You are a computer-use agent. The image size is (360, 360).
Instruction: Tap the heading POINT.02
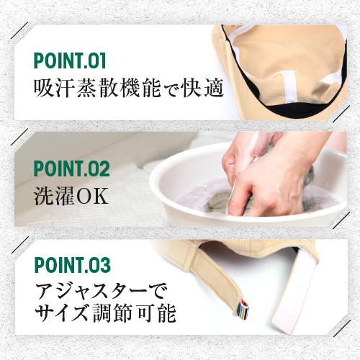(71, 170)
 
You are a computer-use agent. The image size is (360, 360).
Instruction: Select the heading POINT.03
(71, 266)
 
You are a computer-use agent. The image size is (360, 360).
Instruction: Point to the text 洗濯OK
(71, 196)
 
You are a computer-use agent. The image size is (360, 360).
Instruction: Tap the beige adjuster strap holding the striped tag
(216, 281)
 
